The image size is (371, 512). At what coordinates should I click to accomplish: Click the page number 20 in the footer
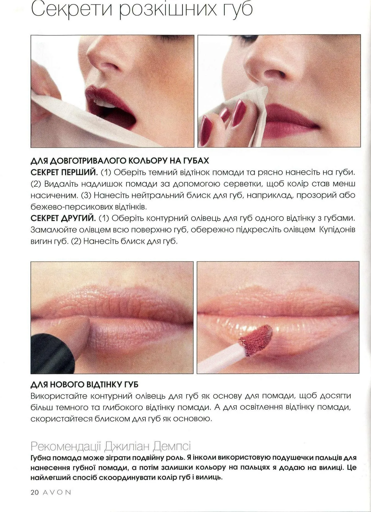click(35, 492)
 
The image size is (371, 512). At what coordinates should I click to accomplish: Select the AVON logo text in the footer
click(57, 492)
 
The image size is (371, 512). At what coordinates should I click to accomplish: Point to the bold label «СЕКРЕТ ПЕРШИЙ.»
click(64, 172)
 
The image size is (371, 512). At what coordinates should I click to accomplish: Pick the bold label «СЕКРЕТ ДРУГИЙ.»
click(63, 218)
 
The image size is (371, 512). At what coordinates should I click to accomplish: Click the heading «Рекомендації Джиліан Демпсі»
click(111, 446)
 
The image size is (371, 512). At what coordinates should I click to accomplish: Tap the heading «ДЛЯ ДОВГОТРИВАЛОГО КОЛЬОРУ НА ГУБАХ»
click(119, 161)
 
